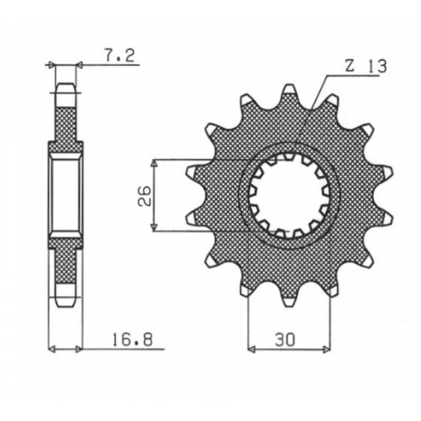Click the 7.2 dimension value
coord(120,55)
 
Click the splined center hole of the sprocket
coord(289,196)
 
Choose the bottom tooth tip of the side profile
coord(65,301)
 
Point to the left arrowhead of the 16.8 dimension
coord(51,349)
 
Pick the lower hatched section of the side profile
coord(65,267)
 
